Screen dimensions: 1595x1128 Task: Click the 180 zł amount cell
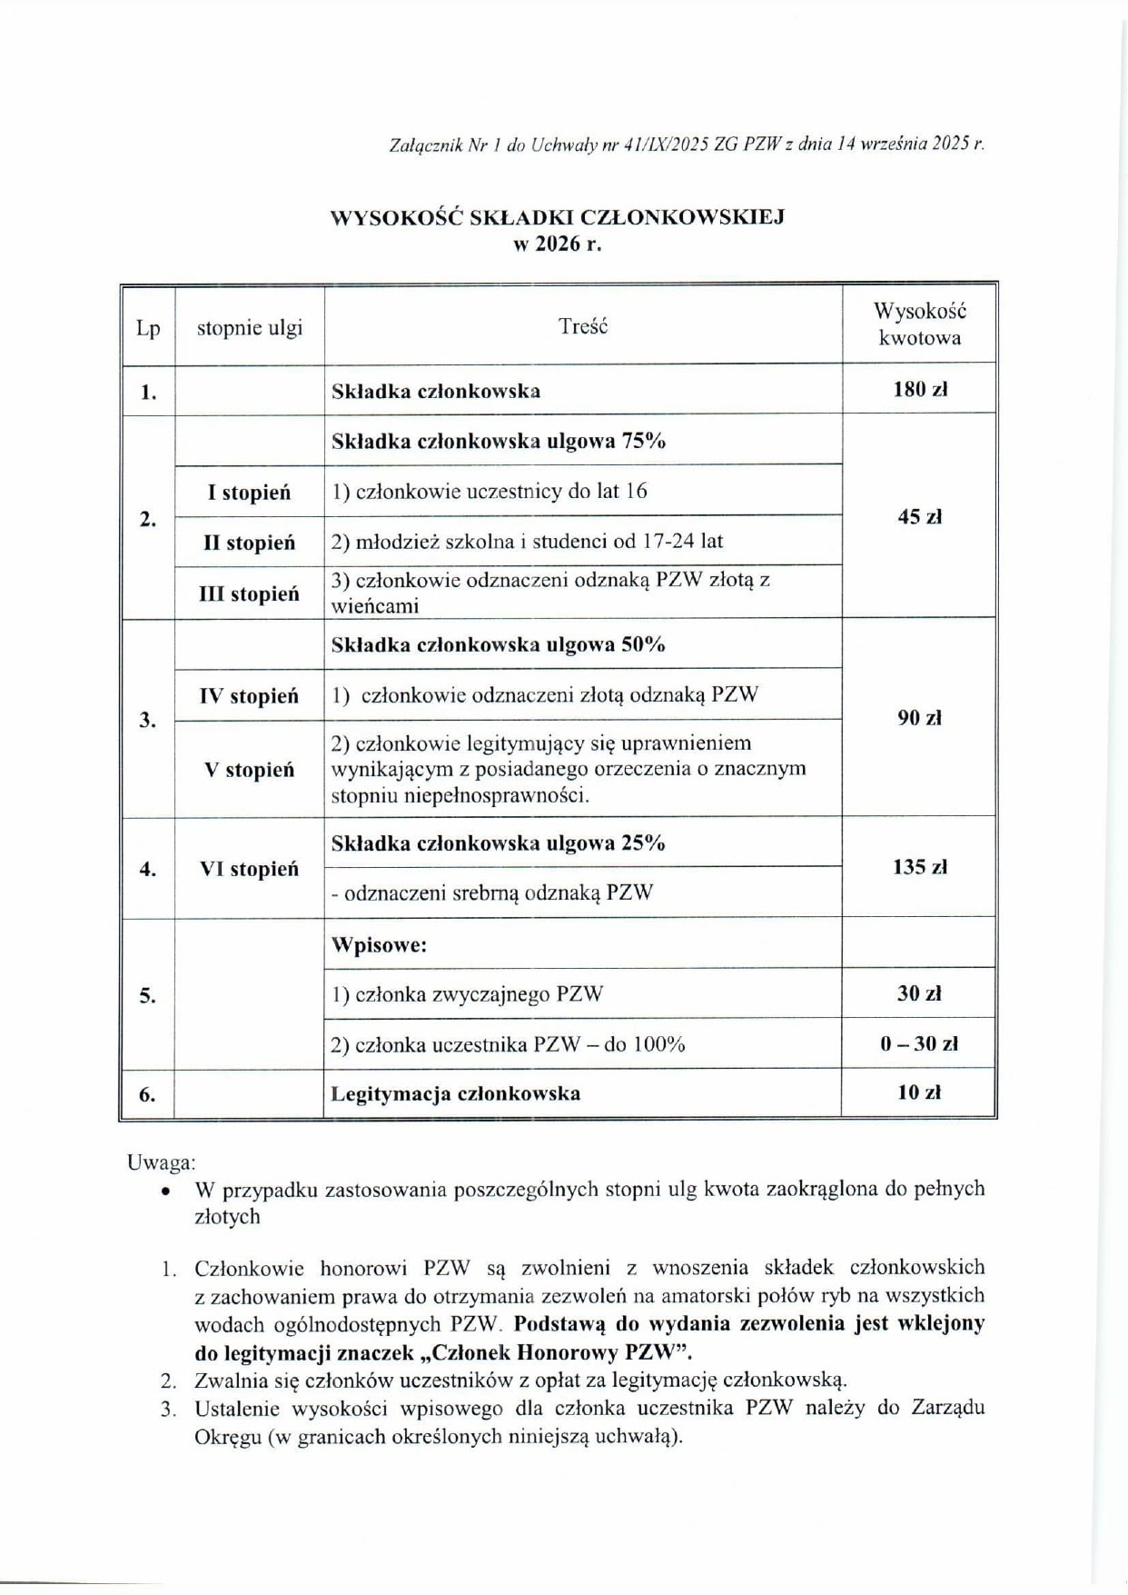(x=919, y=390)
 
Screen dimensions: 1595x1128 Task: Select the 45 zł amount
(x=919, y=517)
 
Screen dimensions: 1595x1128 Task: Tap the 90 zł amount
(x=919, y=718)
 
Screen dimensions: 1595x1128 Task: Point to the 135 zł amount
(x=919, y=867)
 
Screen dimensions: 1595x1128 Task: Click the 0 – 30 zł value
(x=919, y=1043)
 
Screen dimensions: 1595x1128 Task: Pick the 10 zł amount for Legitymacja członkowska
(x=919, y=1092)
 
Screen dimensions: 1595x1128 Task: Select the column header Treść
(x=583, y=327)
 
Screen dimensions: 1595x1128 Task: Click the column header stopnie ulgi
(x=250, y=328)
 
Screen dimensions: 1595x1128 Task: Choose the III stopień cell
(x=249, y=593)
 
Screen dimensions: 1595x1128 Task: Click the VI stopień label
(x=249, y=869)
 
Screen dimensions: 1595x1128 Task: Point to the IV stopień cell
(x=249, y=696)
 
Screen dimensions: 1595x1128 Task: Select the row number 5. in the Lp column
(x=147, y=996)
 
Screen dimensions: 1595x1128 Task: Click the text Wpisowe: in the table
(x=379, y=944)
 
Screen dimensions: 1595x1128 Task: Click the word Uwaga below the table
(x=160, y=1162)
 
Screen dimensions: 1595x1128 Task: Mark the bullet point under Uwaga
(x=164, y=1190)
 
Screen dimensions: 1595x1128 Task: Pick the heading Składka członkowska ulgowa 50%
(x=498, y=644)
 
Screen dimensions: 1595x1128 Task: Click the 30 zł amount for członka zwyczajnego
(x=919, y=993)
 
